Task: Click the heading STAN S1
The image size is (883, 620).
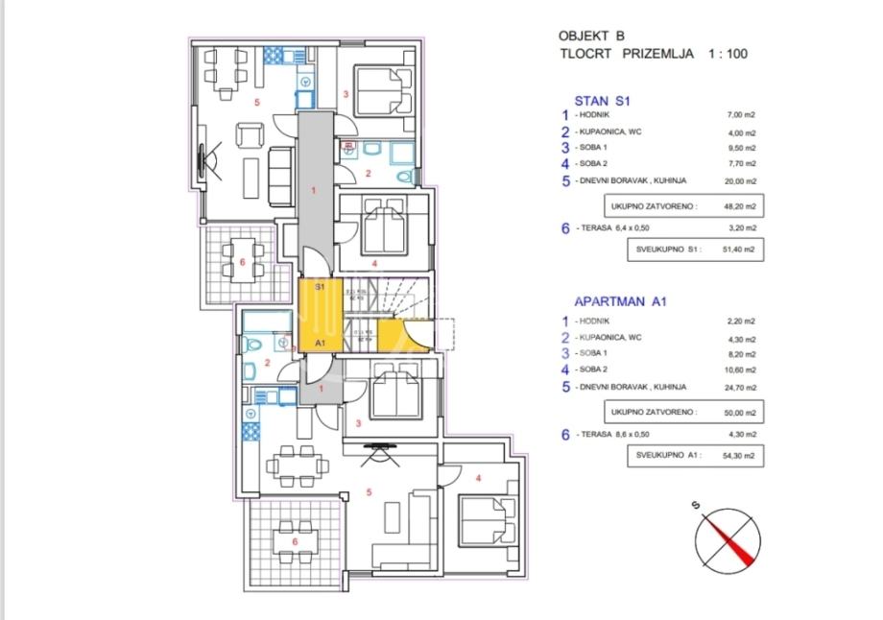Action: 600,99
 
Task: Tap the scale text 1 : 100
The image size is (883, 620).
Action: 728,54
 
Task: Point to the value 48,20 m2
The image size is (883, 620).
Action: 740,205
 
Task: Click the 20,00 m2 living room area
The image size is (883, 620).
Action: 741,180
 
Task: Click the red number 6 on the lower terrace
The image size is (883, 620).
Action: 296,540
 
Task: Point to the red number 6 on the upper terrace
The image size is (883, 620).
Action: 242,261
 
